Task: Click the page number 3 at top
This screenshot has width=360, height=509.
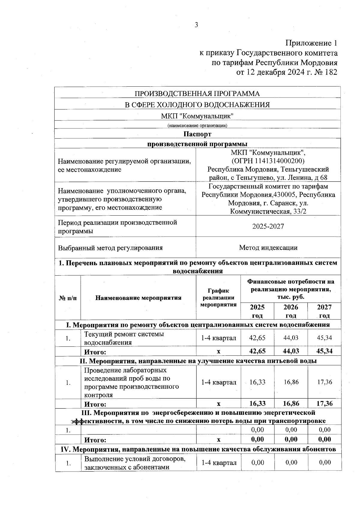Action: pos(196,25)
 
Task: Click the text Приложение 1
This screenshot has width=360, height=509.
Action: pos(311,43)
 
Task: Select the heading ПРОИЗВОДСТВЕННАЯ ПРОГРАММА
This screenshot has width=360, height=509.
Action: pos(197,94)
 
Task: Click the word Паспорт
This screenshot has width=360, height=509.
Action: pos(197,134)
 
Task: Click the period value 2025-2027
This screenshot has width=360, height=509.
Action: pos(268,226)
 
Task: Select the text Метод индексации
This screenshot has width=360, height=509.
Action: pos(268,248)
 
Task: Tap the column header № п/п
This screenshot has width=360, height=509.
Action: pos(68,298)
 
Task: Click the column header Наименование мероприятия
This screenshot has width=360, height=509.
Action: pos(138,298)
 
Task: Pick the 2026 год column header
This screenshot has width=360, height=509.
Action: pos(291,311)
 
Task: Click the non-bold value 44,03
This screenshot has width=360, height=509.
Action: pos(291,338)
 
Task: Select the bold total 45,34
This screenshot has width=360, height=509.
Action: pos(325,351)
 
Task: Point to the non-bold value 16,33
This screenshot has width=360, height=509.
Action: pos(257,382)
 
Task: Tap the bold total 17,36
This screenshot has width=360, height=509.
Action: pos(325,403)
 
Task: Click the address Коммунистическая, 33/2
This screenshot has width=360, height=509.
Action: pos(268,212)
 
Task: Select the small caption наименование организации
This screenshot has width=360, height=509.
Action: pos(197,125)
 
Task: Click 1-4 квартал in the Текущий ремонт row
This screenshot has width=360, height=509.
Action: pos(218,338)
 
